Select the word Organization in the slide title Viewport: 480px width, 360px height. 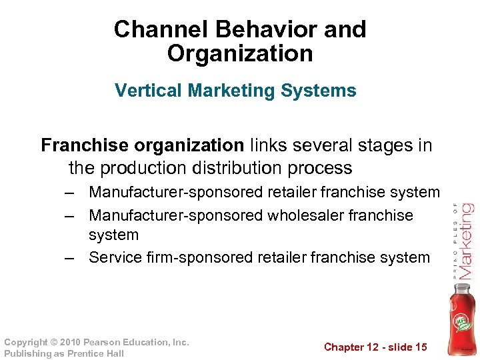tap(240, 53)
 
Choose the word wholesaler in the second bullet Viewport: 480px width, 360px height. tap(307, 215)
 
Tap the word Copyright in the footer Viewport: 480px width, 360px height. tap(26, 342)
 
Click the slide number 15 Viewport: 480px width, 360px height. tap(421, 347)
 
